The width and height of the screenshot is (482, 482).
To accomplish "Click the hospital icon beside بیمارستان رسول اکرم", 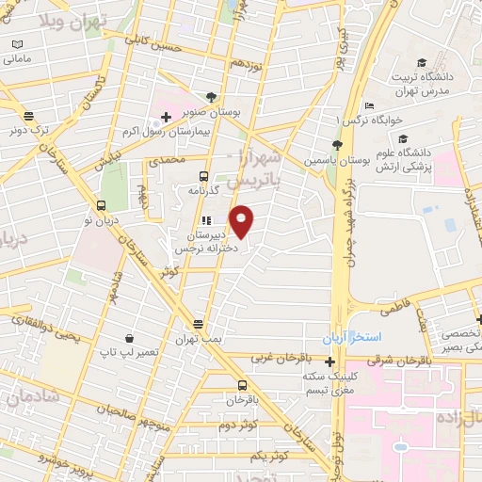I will tap(167, 117).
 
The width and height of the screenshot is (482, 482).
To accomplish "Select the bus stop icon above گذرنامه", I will tap(204, 175).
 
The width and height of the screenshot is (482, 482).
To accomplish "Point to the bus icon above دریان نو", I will tap(101, 205).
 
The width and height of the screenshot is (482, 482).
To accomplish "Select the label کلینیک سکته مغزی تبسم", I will tap(329, 383).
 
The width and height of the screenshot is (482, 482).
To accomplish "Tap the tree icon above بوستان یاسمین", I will tap(335, 144).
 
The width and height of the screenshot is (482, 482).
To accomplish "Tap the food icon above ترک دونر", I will tap(28, 118).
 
